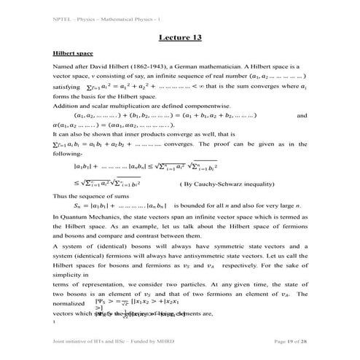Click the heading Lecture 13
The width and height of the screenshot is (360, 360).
pos(179,37)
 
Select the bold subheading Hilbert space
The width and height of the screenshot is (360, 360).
pos(71,53)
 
